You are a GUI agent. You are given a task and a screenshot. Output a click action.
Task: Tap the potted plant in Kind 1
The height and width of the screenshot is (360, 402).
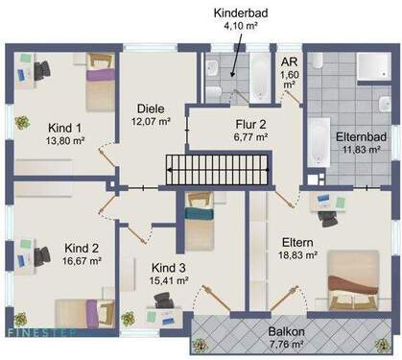[x=21, y=124]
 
